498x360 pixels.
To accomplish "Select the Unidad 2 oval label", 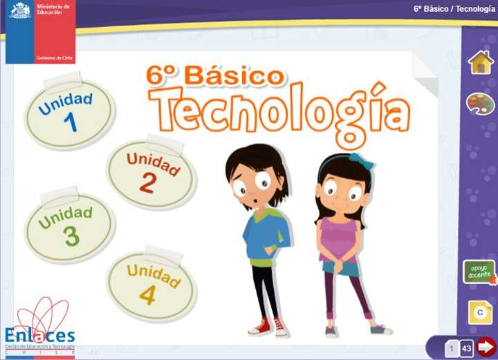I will (151, 173).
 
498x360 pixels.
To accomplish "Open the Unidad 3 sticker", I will (69, 227).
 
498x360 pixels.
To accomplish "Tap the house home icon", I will (480, 62).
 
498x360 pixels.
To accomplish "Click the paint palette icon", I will (480, 104).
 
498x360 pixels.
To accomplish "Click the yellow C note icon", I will (479, 312).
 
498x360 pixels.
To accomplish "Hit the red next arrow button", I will (486, 347).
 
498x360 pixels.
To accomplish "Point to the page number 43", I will (467, 348).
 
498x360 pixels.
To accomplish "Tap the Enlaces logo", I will (40, 328).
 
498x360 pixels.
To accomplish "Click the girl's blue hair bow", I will (362, 161).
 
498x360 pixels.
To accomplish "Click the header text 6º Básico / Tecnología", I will (453, 9).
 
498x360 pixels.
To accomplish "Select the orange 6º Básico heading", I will (215, 75).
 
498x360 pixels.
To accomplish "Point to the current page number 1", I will (452, 348).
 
